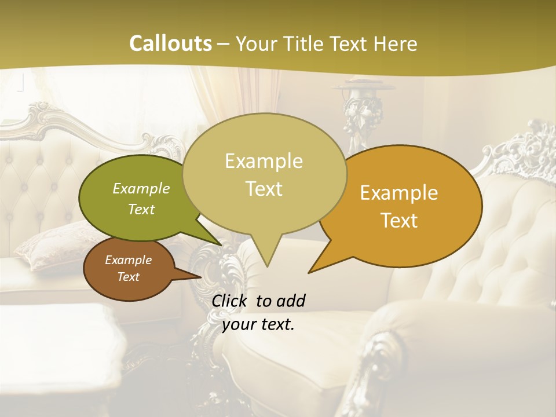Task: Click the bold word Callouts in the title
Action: (x=170, y=43)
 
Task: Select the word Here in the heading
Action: (x=394, y=43)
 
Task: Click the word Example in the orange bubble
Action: (x=399, y=193)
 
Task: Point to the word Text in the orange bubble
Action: (x=399, y=220)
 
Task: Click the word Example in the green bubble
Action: (x=141, y=188)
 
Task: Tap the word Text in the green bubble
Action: (x=141, y=209)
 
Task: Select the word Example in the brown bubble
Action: (x=128, y=260)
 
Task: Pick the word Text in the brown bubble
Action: (x=128, y=277)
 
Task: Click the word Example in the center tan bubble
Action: (x=264, y=161)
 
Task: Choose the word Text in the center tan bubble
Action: (x=264, y=188)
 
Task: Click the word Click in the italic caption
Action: (x=231, y=301)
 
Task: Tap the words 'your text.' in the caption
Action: (x=258, y=324)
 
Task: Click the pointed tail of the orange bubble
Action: (x=313, y=269)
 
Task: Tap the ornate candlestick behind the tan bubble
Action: (x=359, y=107)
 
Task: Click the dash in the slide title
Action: (x=224, y=44)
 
